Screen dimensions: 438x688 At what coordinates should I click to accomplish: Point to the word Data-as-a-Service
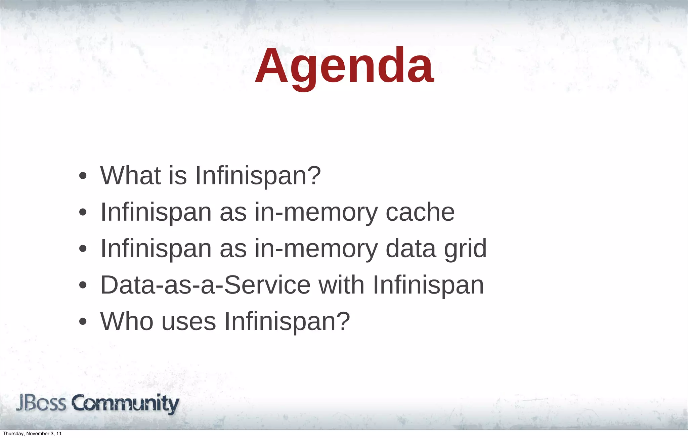click(x=205, y=285)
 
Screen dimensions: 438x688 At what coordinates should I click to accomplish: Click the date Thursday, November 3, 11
click(x=32, y=434)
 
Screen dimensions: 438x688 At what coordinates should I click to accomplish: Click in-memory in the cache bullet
click(x=316, y=213)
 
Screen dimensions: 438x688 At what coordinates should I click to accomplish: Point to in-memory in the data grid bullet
click(x=316, y=249)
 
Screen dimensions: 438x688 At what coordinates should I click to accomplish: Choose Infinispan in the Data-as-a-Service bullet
click(x=428, y=285)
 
